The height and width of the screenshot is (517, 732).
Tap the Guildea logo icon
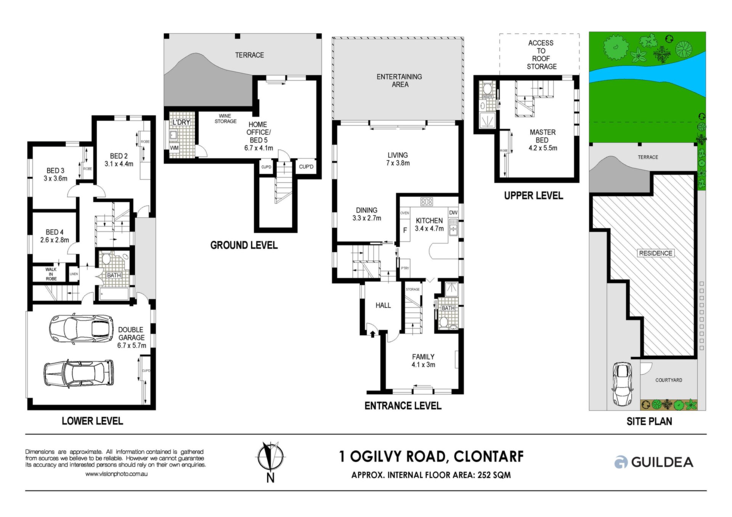click(621, 462)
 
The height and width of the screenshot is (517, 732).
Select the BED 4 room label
click(55, 236)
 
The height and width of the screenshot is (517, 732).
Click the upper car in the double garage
click(81, 329)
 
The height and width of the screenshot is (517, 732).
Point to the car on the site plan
click(622, 384)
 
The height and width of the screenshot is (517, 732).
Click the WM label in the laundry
click(174, 148)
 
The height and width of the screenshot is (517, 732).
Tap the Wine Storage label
click(225, 118)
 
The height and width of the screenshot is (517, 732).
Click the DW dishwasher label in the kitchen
click(453, 213)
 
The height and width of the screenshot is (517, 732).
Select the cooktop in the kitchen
click(426, 202)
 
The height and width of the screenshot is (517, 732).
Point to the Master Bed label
click(543, 140)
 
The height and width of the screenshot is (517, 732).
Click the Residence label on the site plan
click(656, 253)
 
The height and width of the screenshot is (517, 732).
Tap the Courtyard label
click(669, 380)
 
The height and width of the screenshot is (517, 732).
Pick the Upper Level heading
click(533, 195)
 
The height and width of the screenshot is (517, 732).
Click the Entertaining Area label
click(400, 80)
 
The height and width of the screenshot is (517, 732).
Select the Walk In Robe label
click(51, 274)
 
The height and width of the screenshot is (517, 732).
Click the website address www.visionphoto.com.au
click(116, 474)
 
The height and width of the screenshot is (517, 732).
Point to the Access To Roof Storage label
click(541, 55)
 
